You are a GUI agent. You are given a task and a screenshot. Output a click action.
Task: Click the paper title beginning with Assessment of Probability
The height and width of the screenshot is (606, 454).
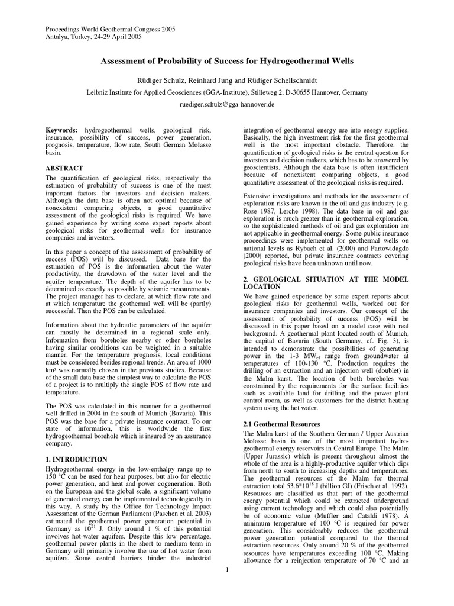tap(226, 61)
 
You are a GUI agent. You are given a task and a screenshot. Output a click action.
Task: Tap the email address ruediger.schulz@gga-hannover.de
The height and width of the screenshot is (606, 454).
tap(227, 103)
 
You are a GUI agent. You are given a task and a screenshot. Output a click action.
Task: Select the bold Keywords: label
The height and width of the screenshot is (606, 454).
tap(61, 129)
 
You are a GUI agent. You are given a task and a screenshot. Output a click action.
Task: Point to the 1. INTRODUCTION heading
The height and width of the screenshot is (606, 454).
tap(76, 459)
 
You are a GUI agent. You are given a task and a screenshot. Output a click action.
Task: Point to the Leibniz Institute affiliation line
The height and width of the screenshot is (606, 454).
tap(227, 92)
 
